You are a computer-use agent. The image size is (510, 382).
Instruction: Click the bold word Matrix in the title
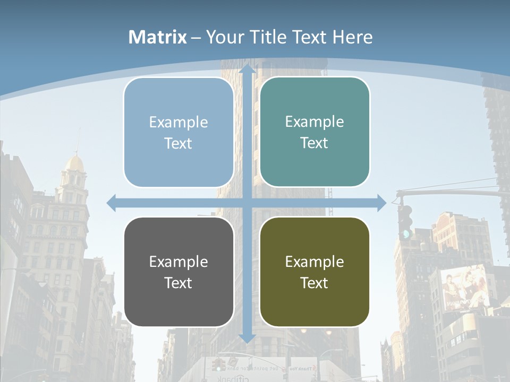(158, 37)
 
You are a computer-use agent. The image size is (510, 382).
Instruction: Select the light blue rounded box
(178, 132)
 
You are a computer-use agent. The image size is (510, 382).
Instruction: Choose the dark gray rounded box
(178, 272)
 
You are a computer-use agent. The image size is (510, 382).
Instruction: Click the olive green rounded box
(314, 272)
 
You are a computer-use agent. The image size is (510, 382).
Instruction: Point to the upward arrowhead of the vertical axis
(246, 69)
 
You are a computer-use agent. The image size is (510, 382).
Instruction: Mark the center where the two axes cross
(246, 203)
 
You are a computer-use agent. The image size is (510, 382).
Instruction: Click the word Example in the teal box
(314, 121)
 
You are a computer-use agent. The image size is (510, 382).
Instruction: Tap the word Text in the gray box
(178, 283)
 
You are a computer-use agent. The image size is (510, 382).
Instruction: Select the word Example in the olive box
(314, 262)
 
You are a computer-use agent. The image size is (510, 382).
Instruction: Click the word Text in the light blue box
(178, 143)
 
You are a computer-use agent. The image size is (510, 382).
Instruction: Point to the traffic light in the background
(405, 221)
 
